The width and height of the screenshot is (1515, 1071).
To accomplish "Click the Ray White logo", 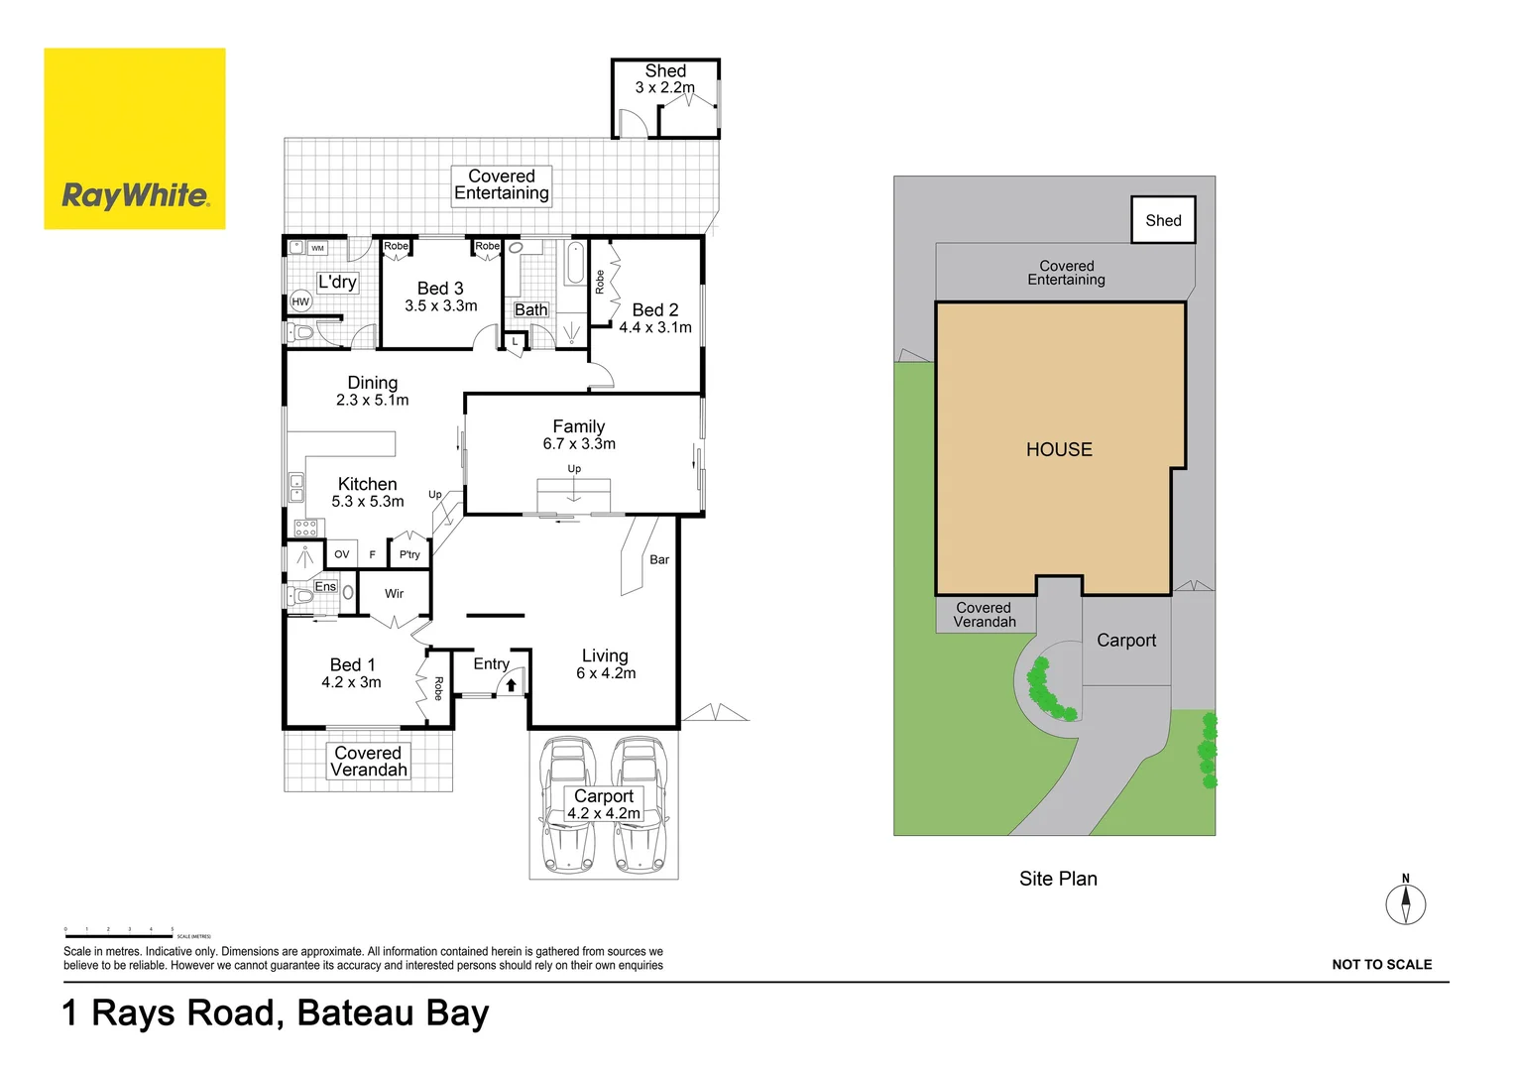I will (135, 139).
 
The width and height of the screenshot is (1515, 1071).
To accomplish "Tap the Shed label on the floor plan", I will (665, 71).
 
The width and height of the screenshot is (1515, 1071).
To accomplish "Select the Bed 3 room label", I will (440, 289).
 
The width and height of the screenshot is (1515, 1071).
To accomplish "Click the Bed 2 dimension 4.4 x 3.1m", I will (655, 327).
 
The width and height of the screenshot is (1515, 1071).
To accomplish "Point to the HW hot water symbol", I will (300, 301).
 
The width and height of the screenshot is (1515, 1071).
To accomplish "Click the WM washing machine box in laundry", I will (317, 248).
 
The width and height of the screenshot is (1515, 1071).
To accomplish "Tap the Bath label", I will (530, 310).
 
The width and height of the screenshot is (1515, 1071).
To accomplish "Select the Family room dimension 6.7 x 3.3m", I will (579, 444).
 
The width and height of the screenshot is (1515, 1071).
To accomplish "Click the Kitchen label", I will (367, 484).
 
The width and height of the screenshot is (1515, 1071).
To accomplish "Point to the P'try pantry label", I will (409, 555).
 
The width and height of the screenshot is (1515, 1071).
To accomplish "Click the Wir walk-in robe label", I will (394, 594).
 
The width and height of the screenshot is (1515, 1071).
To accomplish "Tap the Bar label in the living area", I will (659, 560).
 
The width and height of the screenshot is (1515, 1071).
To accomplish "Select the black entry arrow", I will (512, 684).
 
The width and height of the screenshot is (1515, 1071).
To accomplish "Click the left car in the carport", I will (567, 805).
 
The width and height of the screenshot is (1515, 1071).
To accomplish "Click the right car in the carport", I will (640, 805).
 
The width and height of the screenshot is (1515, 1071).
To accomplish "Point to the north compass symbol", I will (1405, 903).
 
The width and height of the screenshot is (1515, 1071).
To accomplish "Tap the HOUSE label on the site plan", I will (1059, 450).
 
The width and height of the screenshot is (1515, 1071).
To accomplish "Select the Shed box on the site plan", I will (1163, 220).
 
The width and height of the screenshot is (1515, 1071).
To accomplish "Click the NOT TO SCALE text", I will (1381, 965).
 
